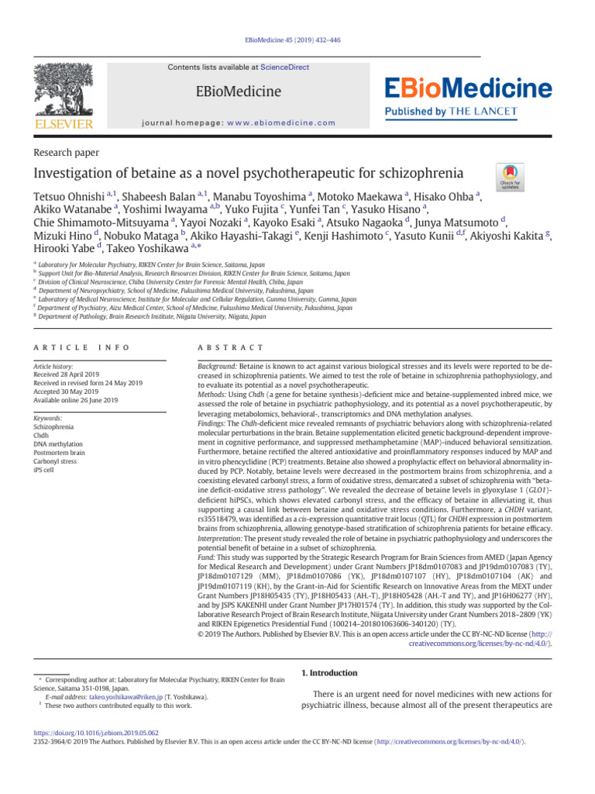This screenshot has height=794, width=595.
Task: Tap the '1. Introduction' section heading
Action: click(x=328, y=673)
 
